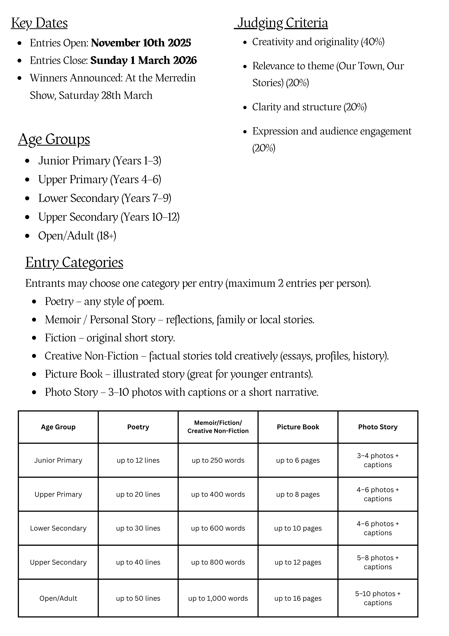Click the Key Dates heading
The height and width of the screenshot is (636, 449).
coord(39,23)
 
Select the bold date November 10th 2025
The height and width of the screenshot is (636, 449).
coord(141,43)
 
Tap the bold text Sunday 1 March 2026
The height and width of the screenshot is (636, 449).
coord(143,60)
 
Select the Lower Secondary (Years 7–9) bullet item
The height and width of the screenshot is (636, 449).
coord(105,198)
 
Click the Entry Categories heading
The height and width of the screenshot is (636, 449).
coord(74,262)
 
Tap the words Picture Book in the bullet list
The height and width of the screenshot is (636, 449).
coord(74,374)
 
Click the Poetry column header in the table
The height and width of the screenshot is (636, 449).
coord(138,427)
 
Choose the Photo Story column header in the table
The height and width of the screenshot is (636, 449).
coord(378,427)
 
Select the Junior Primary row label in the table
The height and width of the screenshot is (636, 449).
coord(58,460)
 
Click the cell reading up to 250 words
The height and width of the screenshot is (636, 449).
coord(218,460)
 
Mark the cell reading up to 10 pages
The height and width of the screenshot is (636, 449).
coord(298,528)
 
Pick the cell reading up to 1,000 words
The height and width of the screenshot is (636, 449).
coord(218,598)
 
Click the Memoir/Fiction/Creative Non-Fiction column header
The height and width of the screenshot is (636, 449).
coord(218,427)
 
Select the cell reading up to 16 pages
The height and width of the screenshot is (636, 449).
coord(298,598)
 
